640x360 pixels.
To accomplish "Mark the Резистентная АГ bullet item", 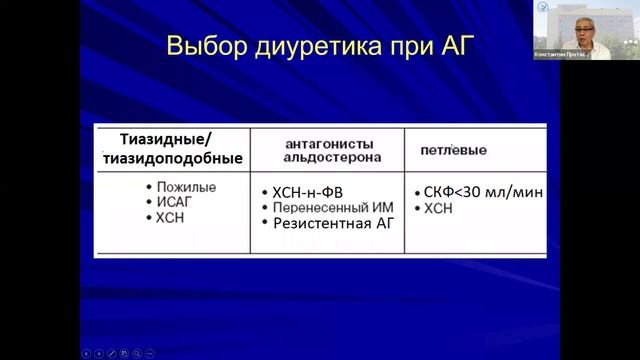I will [x=334, y=222].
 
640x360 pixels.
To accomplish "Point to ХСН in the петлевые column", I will [x=439, y=209].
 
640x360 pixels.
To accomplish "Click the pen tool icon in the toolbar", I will [x=111, y=353].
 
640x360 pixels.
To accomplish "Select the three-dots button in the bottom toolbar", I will [x=150, y=353].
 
